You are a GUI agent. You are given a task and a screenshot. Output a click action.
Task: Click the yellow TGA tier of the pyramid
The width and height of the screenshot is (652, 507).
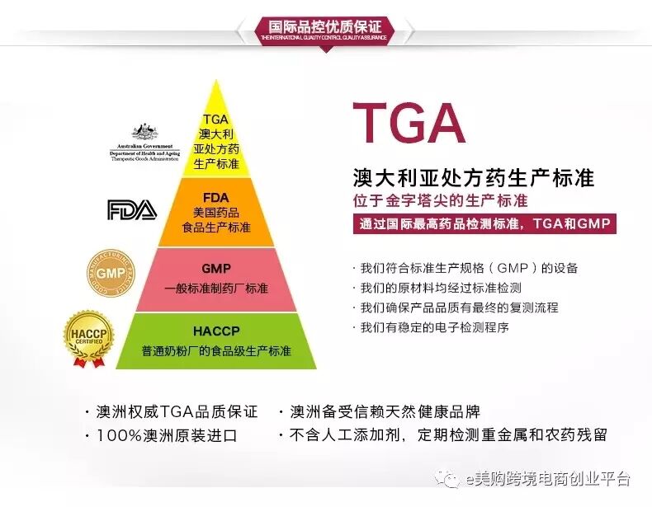tap(216, 140)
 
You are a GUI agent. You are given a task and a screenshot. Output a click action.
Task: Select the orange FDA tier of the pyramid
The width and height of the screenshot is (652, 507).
tap(216, 212)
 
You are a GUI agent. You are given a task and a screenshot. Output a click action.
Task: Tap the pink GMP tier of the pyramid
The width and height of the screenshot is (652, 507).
tap(216, 279)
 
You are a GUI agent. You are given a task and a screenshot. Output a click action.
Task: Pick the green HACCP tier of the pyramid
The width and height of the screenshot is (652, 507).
tap(216, 340)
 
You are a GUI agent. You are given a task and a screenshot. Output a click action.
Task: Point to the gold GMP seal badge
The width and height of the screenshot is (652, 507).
tap(111, 273)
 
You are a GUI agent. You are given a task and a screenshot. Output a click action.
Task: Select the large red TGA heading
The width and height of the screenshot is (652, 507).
tap(409, 124)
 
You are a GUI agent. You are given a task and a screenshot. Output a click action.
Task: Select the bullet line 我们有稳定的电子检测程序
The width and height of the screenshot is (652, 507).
tap(434, 327)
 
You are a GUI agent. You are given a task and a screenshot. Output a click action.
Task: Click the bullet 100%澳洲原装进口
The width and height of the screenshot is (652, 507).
tap(165, 435)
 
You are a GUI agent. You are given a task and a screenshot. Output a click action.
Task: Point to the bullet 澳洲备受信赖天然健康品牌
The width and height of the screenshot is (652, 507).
tap(385, 412)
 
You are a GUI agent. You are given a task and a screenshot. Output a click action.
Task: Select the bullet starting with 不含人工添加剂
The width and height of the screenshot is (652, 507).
tap(446, 435)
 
